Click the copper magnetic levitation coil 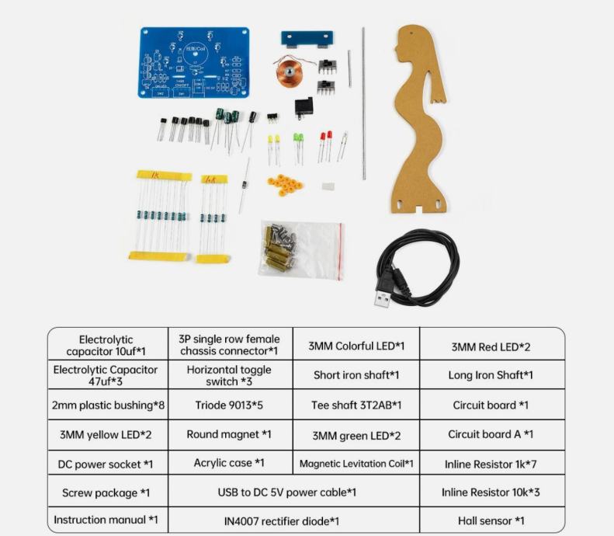coord(289,72)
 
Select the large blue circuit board coord(194,62)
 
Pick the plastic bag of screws coord(300,250)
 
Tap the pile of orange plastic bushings coord(285,184)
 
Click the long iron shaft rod coord(364,104)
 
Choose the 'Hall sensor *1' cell coord(492,520)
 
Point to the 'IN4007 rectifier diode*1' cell coord(293,520)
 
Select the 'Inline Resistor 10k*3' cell coord(492,492)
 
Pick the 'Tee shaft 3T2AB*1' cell coord(356,405)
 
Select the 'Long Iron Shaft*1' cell coord(492,374)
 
